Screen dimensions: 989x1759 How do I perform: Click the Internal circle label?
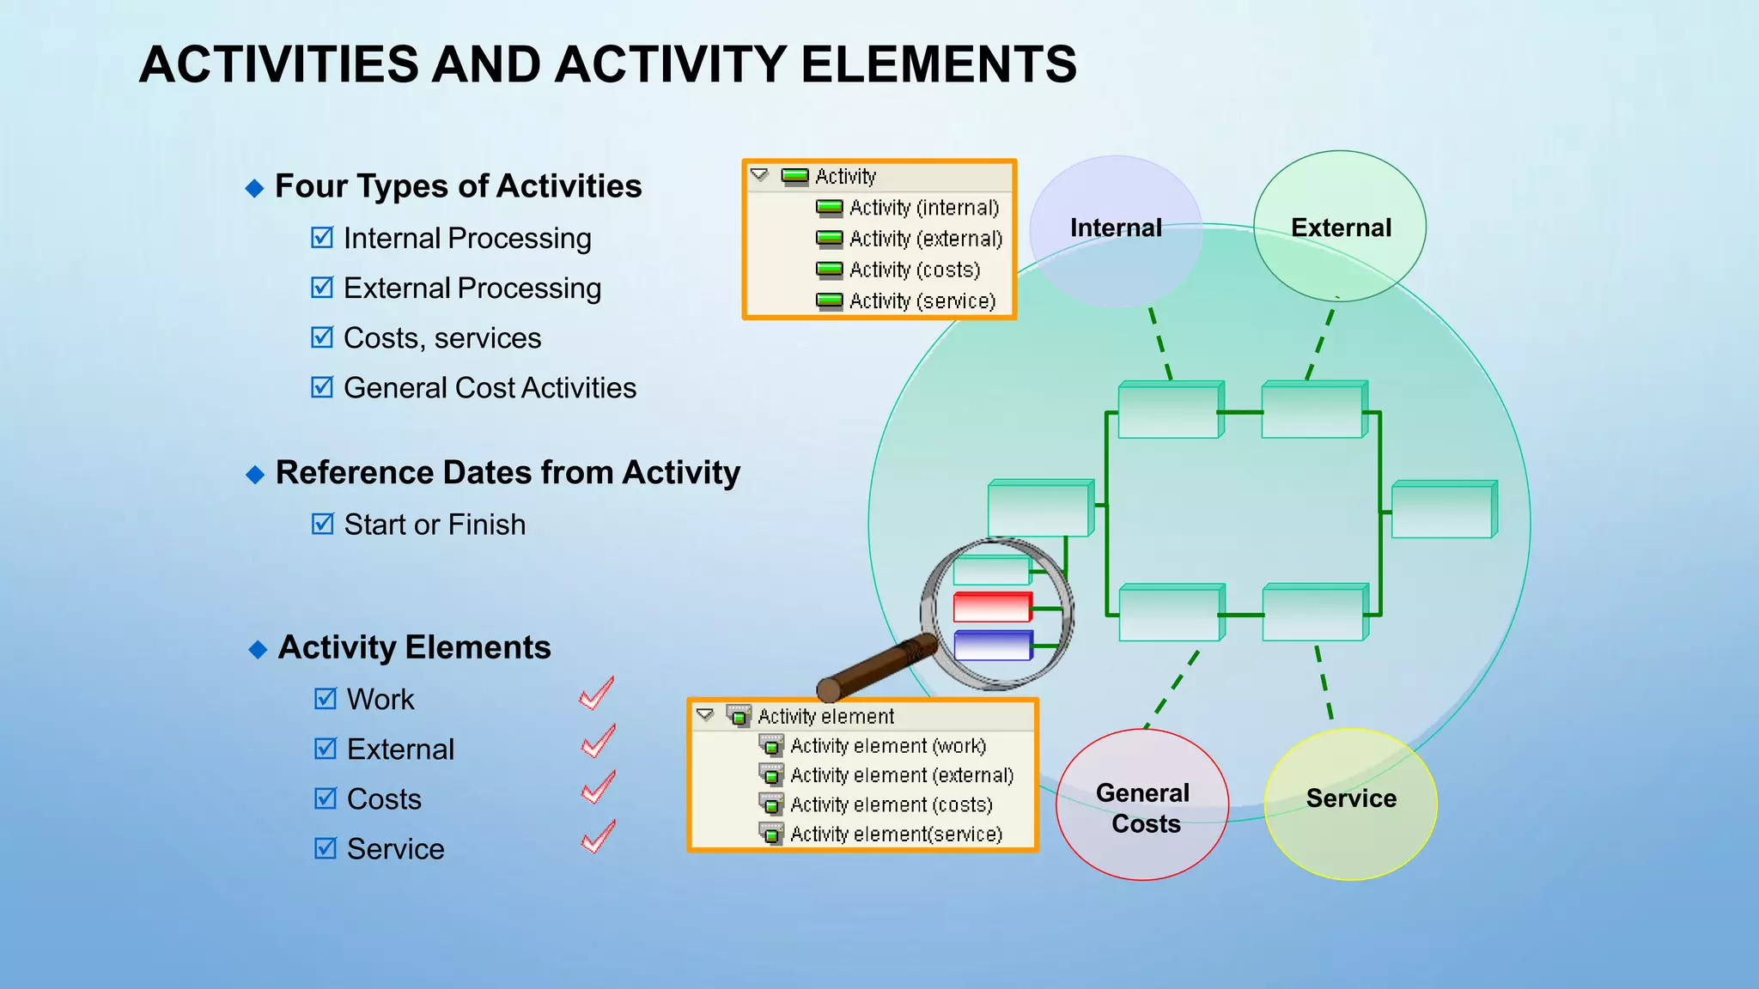pos(1115,228)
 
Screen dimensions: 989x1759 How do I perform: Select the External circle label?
pos(1340,228)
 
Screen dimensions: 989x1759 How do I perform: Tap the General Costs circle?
pos(1142,806)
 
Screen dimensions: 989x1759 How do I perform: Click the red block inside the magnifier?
pos(991,607)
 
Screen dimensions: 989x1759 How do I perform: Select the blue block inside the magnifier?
pos(992,646)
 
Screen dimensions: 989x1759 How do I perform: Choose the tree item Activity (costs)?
pos(914,270)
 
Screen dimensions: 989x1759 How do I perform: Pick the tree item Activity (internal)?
pos(923,208)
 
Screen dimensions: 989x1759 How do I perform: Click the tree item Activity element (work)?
pos(887,746)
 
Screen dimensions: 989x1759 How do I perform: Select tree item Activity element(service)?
pos(895,834)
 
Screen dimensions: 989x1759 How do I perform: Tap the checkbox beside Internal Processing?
pos(322,237)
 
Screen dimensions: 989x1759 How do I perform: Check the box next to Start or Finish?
pos(322,524)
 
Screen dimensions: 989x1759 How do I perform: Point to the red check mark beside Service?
pos(598,837)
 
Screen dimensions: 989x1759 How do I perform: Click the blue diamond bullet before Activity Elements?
pos(258,650)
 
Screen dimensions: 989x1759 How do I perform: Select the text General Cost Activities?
pos(490,388)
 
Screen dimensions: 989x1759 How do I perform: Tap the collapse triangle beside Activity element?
pos(705,715)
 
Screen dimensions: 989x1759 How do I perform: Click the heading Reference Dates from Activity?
pos(507,473)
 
